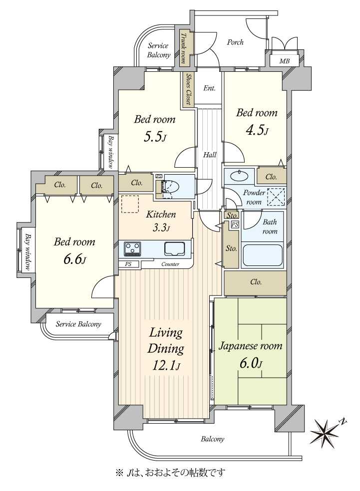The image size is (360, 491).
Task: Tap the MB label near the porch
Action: [x=284, y=61]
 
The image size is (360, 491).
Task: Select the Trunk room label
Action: [x=183, y=48]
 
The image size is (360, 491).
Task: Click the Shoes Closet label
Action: [x=188, y=89]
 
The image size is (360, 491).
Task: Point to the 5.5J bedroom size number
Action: [x=154, y=137]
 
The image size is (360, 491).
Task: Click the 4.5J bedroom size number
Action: [x=256, y=130]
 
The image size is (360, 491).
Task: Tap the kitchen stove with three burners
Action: [x=132, y=248]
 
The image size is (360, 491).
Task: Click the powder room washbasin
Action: [x=239, y=176]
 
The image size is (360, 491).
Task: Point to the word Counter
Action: [x=170, y=264]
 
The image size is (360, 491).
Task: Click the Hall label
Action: [x=210, y=155]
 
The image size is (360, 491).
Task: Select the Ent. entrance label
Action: [x=209, y=88]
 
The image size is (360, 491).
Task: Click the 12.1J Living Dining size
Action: [x=166, y=365]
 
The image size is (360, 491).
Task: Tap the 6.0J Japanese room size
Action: [x=250, y=363]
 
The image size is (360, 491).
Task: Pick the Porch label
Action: [x=235, y=42]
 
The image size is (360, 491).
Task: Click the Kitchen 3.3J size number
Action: [x=161, y=228]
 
